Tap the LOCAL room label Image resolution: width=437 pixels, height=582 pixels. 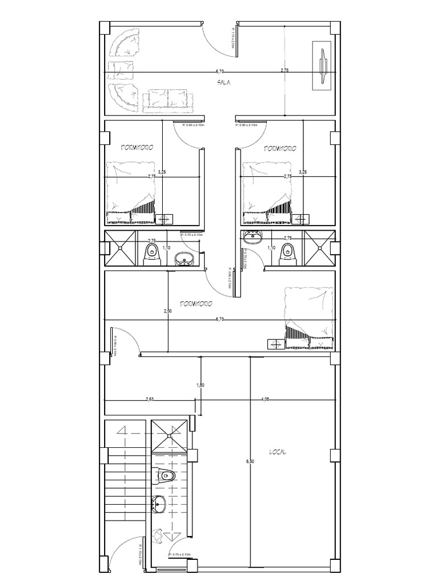pyautogui.click(x=278, y=452)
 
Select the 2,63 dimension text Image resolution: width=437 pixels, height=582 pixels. pyautogui.click(x=150, y=399)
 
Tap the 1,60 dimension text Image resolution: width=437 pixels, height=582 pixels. pyautogui.click(x=200, y=385)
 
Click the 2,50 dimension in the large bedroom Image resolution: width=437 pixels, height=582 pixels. pyautogui.click(x=167, y=311)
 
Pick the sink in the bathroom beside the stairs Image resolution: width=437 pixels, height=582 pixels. pyautogui.click(x=158, y=504)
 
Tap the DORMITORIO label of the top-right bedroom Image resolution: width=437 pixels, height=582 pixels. pyautogui.click(x=280, y=148)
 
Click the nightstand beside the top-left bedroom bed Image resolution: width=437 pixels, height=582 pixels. pyautogui.click(x=165, y=218)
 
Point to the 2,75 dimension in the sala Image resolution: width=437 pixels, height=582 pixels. pyautogui.click(x=285, y=70)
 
